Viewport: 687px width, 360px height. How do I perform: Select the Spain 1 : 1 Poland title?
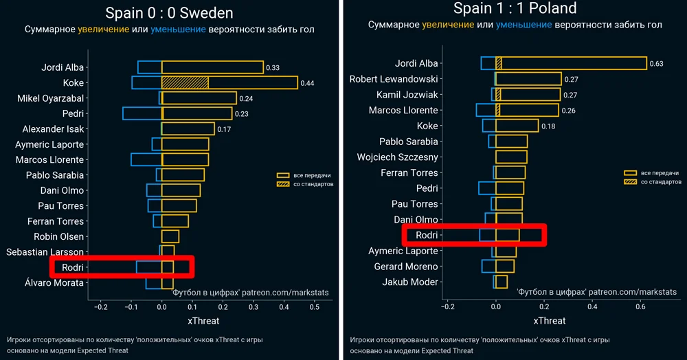515,8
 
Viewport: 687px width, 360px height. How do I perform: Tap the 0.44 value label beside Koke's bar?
307,83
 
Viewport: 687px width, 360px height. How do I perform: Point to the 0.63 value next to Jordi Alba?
656,64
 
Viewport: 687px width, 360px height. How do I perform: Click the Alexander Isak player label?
53,129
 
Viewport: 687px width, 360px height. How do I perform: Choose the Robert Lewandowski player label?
394,79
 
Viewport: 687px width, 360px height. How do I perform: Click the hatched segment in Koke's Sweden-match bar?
185,82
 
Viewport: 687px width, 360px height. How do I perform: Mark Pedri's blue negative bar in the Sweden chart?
142,113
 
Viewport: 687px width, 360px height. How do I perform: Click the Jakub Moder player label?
410,282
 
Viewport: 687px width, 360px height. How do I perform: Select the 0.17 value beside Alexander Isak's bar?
225,129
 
